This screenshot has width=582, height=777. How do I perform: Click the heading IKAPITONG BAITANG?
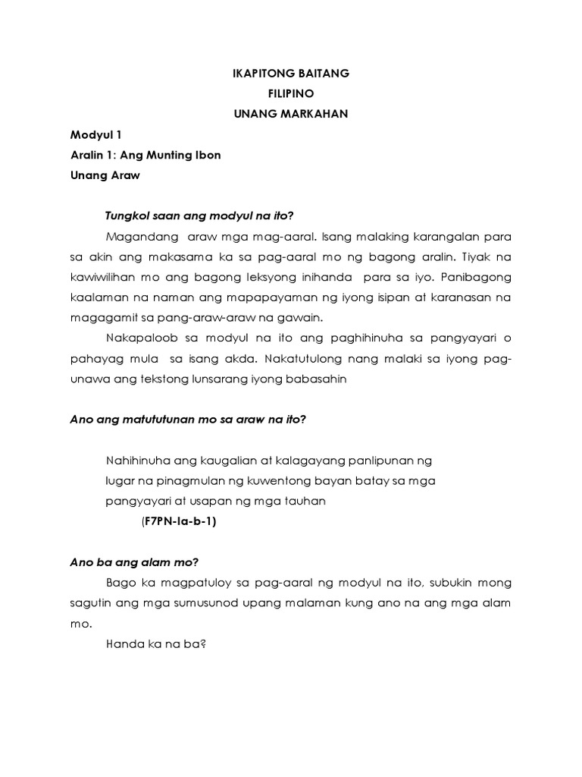[290, 74]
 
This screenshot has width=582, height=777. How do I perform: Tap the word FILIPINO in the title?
[290, 94]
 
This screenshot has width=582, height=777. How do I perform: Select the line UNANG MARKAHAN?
[290, 114]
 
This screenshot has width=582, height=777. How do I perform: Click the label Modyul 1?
[95, 136]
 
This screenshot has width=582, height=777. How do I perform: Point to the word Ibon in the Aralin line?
[207, 156]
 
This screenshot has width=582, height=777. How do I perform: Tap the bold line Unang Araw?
[105, 175]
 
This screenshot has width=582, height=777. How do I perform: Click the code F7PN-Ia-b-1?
[180, 521]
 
